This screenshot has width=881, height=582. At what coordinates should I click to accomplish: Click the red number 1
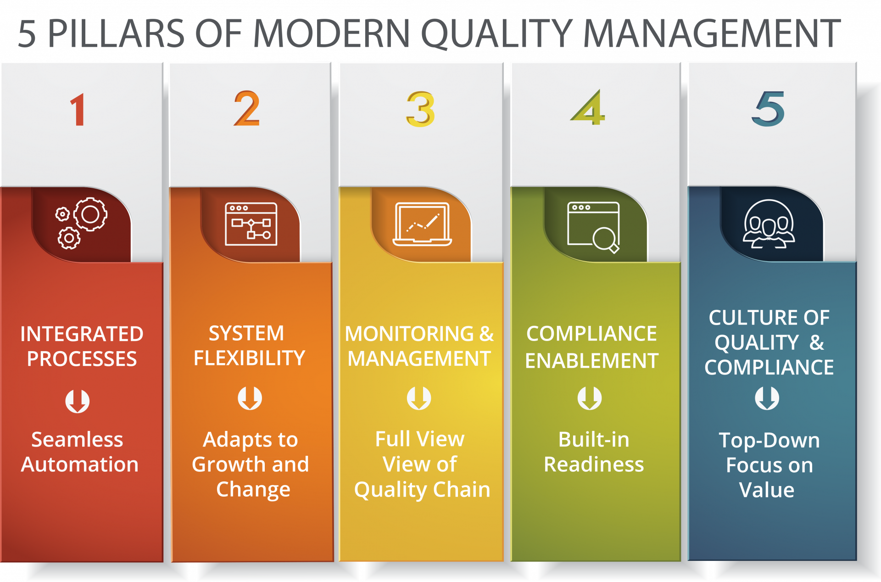(x=78, y=110)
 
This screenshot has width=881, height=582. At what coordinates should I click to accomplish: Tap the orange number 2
(x=247, y=109)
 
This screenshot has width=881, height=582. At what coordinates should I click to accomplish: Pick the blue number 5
(x=768, y=109)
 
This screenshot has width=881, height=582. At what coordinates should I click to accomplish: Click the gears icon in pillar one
(x=82, y=223)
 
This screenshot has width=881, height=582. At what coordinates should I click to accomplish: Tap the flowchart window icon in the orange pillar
(x=251, y=224)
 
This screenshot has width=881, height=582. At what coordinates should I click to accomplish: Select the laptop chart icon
(x=422, y=224)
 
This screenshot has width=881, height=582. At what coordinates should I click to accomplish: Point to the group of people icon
(x=769, y=224)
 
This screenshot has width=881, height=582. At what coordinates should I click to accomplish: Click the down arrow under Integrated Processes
(x=77, y=401)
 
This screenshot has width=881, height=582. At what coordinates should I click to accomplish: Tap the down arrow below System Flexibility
(x=250, y=398)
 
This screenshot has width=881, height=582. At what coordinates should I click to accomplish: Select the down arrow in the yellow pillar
(x=419, y=398)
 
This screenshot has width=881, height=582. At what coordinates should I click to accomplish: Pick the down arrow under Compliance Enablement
(x=589, y=398)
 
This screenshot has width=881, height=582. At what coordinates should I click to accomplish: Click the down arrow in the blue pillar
(x=767, y=398)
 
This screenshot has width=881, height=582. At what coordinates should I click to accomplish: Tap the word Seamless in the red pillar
(x=77, y=440)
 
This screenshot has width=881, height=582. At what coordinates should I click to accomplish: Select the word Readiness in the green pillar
(x=594, y=464)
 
